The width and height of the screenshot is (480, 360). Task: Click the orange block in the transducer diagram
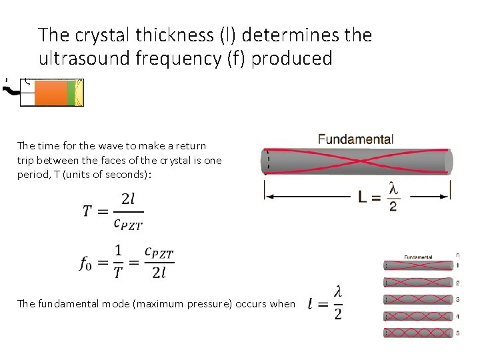51,93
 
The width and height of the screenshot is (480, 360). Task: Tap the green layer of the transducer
71,93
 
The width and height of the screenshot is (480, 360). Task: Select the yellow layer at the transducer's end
79,93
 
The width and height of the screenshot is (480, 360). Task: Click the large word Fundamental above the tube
355,139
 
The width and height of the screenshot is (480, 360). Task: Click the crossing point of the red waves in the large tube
357,161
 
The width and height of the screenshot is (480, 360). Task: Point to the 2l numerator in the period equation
128,199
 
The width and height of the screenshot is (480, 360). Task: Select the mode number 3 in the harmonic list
457,300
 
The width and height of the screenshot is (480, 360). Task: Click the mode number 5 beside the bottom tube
457,333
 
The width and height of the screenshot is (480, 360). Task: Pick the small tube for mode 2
417,283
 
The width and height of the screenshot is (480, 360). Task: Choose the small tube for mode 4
417,316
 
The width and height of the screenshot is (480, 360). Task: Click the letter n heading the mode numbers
457,254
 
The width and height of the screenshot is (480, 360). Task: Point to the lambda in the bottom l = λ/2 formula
338,291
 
